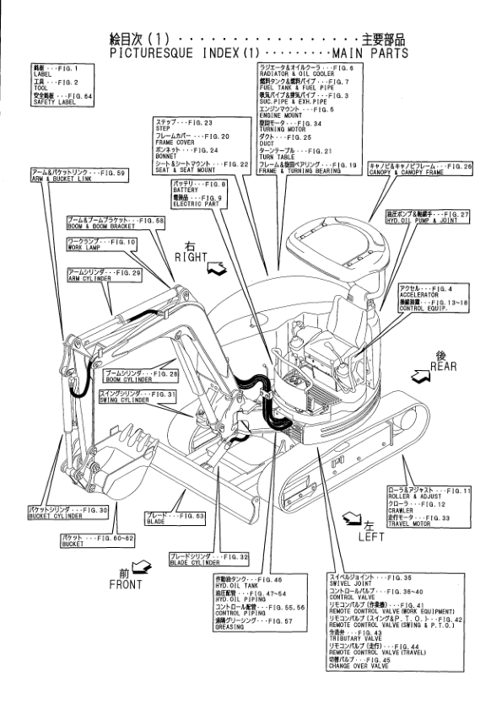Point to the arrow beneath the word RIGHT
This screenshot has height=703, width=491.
point(215,270)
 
